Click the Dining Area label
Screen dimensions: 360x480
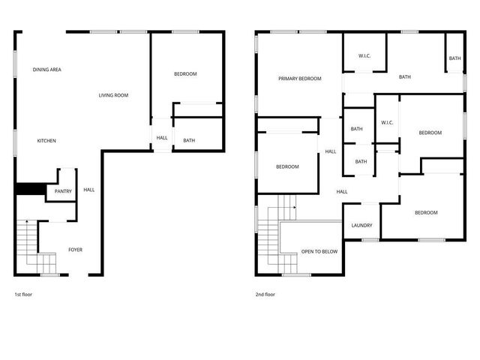[46, 70]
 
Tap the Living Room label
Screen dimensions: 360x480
[114, 95]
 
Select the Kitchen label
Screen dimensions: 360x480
[46, 141]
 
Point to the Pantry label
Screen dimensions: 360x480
[63, 191]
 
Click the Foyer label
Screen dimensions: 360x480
[76, 250]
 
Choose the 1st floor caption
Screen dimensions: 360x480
[23, 295]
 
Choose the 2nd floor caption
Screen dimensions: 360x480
[265, 295]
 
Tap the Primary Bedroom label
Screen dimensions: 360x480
[299, 79]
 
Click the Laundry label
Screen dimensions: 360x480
[362, 226]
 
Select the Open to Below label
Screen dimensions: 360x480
[319, 251]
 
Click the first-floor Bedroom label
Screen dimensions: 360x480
[185, 73]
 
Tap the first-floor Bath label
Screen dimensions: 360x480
[189, 140]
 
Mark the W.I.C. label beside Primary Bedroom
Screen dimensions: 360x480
[365, 55]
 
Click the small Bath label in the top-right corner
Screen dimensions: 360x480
[454, 58]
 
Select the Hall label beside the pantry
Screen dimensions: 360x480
[88, 190]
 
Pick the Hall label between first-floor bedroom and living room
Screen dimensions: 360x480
[162, 138]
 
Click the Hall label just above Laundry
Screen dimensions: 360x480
[342, 192]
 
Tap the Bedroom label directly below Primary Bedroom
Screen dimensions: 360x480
[286, 166]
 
